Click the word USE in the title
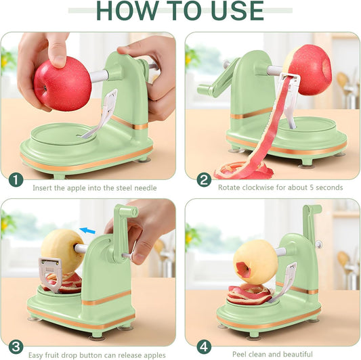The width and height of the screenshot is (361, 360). pyautogui.click(x=237, y=11)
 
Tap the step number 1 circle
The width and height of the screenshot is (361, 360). pyautogui.click(x=16, y=180)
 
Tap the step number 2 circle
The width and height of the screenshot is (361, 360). pyautogui.click(x=204, y=180)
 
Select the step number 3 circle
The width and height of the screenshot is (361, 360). pyautogui.click(x=16, y=347)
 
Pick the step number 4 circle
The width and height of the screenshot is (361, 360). pyautogui.click(x=204, y=347)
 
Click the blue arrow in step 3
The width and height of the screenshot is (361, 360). pyautogui.click(x=87, y=230)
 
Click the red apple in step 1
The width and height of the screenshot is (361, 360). pyautogui.click(x=62, y=84)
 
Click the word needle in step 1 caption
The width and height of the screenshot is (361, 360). pyautogui.click(x=146, y=188)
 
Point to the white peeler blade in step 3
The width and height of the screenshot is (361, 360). pyautogui.click(x=50, y=274)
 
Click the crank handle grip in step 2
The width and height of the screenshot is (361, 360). pyautogui.click(x=205, y=89)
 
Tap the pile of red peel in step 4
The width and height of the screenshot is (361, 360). pyautogui.click(x=250, y=294)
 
